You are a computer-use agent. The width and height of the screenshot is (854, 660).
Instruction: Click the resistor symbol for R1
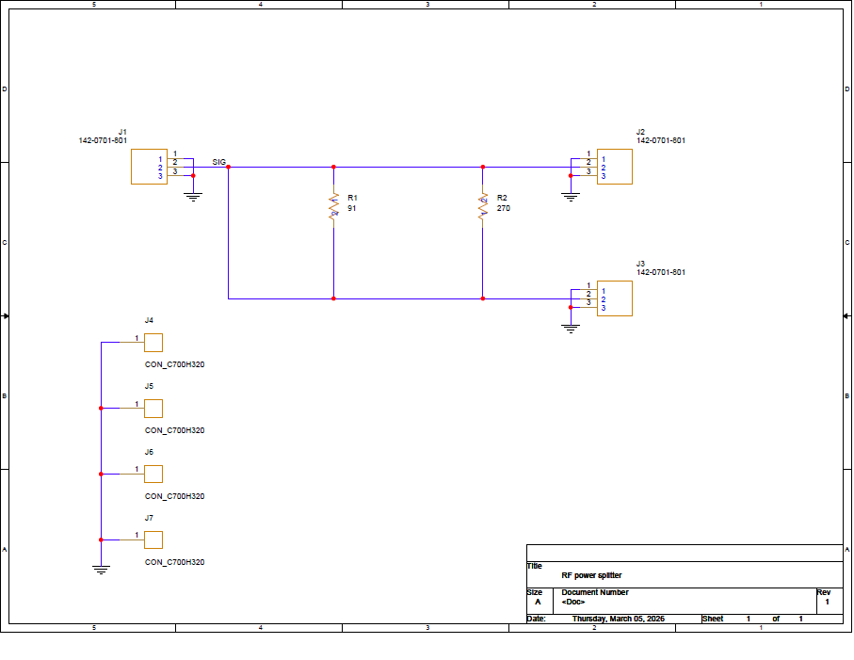click(x=334, y=206)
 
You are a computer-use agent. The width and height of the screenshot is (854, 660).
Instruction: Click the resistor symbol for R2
click(x=483, y=206)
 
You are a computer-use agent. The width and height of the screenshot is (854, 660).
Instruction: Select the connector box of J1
click(x=149, y=167)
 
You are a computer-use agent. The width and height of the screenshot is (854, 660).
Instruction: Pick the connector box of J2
click(x=614, y=167)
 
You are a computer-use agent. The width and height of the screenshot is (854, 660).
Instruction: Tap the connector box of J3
click(x=614, y=298)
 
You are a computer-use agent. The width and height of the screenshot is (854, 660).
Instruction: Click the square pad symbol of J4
click(x=153, y=343)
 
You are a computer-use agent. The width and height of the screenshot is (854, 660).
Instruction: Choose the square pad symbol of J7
click(x=153, y=540)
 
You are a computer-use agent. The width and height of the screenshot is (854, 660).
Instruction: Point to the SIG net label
click(x=219, y=162)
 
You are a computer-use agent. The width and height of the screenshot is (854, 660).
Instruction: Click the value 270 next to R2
click(x=503, y=209)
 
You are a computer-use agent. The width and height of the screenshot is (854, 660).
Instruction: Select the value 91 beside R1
click(x=352, y=209)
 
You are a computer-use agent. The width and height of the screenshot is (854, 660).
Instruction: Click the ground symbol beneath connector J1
click(x=193, y=197)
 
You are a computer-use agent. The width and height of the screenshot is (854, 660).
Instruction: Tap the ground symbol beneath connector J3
click(x=571, y=329)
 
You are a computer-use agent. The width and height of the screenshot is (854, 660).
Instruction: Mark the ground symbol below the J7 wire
click(x=102, y=571)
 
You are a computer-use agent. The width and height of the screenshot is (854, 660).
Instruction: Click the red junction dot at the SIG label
click(x=228, y=168)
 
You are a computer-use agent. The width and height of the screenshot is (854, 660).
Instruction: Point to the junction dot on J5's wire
click(x=102, y=409)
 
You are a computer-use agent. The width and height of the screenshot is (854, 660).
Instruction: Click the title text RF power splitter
click(x=591, y=575)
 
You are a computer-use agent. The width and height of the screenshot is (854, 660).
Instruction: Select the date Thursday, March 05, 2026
click(x=619, y=619)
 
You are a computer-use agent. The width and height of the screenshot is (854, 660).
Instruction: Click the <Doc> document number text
click(x=573, y=602)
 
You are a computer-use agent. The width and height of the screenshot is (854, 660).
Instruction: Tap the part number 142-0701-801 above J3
click(x=661, y=272)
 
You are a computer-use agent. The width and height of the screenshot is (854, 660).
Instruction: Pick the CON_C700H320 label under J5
click(x=175, y=430)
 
